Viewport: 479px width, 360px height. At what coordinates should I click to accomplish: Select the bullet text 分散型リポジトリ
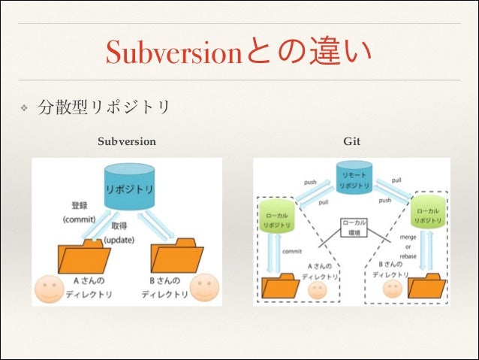(x=105, y=108)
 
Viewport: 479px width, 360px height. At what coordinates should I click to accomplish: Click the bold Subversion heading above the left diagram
(x=127, y=141)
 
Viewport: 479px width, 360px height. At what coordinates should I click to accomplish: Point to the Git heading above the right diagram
(x=351, y=141)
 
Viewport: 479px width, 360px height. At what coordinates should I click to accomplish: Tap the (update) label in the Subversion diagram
(x=119, y=239)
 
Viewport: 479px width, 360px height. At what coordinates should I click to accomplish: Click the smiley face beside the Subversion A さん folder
(x=49, y=289)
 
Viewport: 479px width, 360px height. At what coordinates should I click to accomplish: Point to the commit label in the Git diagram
(x=292, y=252)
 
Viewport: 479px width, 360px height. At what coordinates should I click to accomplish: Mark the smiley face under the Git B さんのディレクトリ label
(x=393, y=289)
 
